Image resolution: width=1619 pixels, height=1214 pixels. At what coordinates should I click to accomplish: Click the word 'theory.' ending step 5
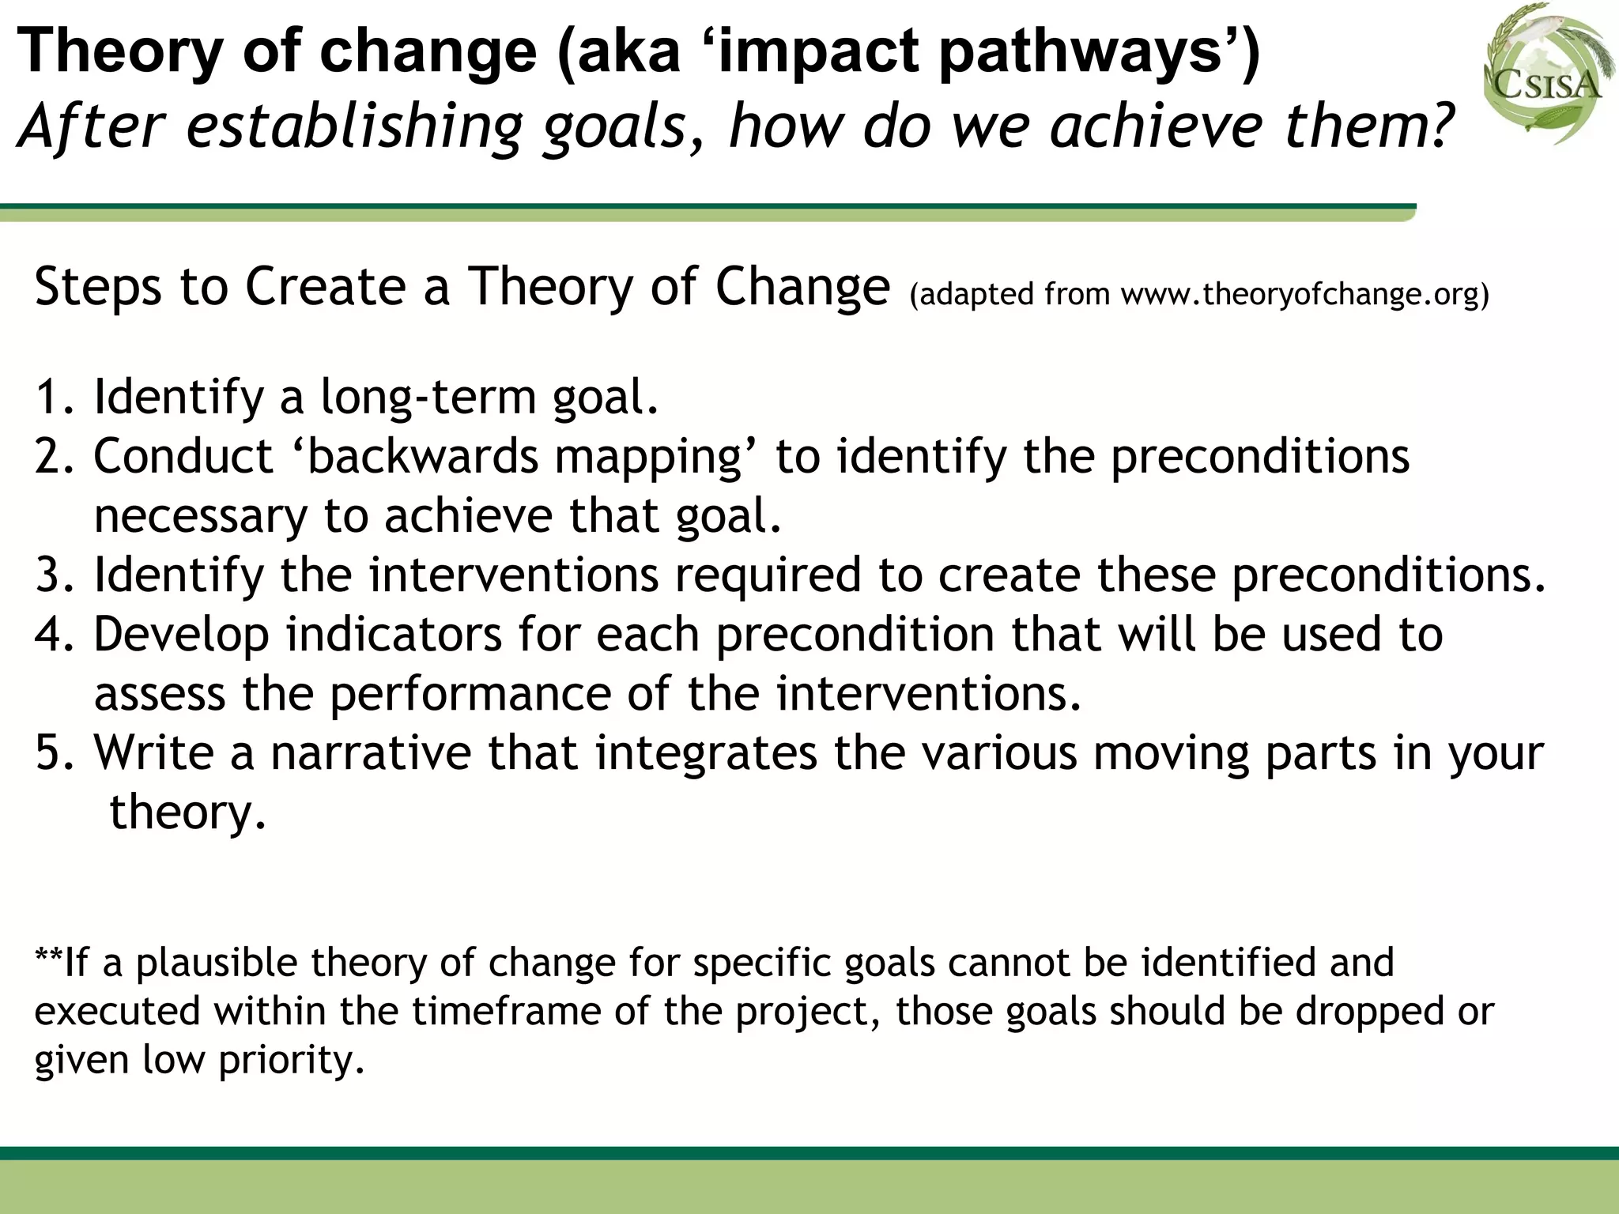tap(188, 812)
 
